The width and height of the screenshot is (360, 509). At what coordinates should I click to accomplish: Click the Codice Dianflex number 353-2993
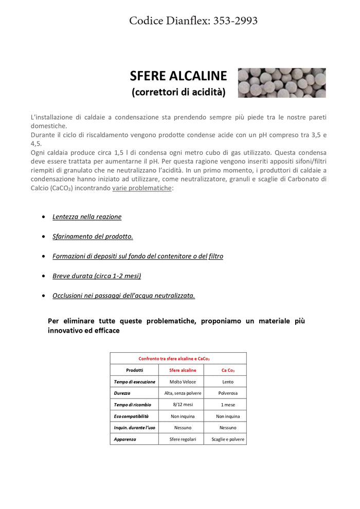pyautogui.click(x=235, y=21)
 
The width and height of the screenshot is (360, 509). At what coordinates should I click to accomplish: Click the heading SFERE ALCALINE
pyautogui.click(x=178, y=76)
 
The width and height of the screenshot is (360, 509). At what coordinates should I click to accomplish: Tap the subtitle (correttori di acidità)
pyautogui.click(x=178, y=92)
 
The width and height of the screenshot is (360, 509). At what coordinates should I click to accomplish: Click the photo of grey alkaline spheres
pyautogui.click(x=281, y=83)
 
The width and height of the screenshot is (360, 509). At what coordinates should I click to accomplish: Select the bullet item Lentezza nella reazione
pyautogui.click(x=87, y=217)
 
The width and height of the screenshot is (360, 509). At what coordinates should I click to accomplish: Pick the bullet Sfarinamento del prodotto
pyautogui.click(x=93, y=237)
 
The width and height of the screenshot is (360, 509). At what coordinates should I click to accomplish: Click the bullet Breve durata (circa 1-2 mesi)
pyautogui.click(x=97, y=276)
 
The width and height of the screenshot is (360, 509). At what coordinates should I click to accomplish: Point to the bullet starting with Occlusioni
pyautogui.click(x=123, y=296)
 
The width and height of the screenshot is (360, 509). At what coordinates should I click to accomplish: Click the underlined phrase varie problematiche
pyautogui.click(x=142, y=188)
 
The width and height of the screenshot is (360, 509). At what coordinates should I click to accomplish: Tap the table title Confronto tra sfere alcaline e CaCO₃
pyautogui.click(x=174, y=358)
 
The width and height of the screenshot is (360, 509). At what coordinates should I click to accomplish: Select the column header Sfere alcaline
pyautogui.click(x=183, y=370)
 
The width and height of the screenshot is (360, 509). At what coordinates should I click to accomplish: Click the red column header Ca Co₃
pyautogui.click(x=228, y=370)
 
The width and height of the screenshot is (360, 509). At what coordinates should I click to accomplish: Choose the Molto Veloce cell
pyautogui.click(x=183, y=381)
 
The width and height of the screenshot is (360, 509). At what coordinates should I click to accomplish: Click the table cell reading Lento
pyautogui.click(x=228, y=381)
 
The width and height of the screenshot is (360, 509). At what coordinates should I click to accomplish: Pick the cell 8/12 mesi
pyautogui.click(x=183, y=405)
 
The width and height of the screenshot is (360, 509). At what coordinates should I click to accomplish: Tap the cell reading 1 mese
pyautogui.click(x=228, y=405)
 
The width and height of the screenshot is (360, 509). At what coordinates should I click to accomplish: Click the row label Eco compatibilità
pyautogui.click(x=131, y=416)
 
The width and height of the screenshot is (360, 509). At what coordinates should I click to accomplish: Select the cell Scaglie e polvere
pyautogui.click(x=228, y=439)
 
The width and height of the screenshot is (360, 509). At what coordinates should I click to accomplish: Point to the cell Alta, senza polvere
pyautogui.click(x=183, y=393)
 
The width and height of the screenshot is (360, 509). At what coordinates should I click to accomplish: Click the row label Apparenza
pyautogui.click(x=125, y=439)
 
